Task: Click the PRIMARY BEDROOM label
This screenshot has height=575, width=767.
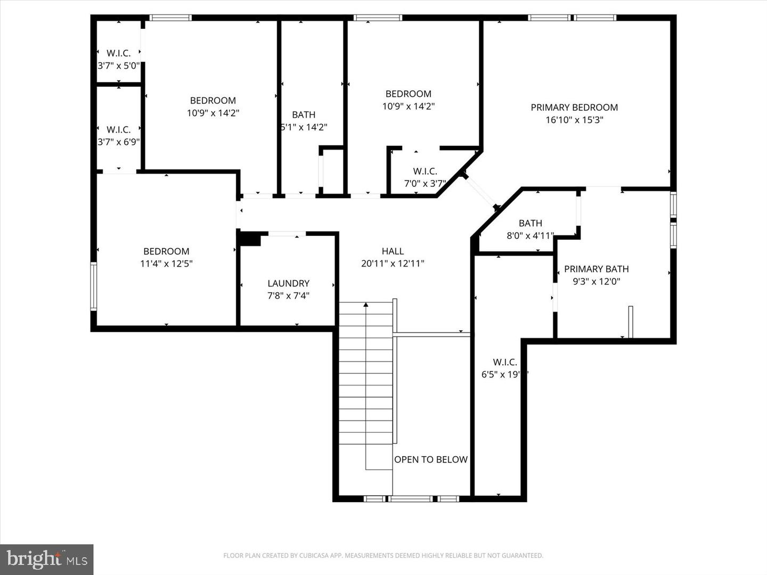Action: (x=574, y=108)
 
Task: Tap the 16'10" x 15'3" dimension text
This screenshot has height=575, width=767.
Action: (x=574, y=120)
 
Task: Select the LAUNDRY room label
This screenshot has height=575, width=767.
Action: (x=288, y=283)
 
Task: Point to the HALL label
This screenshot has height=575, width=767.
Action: (x=393, y=251)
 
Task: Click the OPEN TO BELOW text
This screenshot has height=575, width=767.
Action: (x=431, y=459)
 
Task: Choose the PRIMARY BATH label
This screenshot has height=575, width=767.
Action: (x=596, y=269)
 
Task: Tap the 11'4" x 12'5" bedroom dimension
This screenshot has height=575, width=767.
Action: (x=166, y=264)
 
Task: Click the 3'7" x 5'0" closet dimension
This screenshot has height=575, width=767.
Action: (x=118, y=66)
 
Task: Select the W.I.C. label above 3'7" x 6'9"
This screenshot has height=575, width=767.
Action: (x=118, y=129)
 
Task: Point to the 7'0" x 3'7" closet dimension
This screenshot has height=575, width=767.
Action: (x=425, y=184)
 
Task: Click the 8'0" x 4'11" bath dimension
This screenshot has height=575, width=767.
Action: (x=530, y=235)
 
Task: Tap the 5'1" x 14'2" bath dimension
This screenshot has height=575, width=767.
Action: (x=304, y=127)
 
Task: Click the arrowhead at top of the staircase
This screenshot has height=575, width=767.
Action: (x=366, y=305)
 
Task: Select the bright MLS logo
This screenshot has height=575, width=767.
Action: (x=47, y=559)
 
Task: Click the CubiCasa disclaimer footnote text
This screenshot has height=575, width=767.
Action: (x=383, y=556)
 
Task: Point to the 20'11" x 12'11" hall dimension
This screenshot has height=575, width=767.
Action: (x=393, y=264)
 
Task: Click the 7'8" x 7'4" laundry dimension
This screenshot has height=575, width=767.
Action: (x=288, y=295)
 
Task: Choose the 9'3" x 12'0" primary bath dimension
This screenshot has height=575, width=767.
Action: (x=596, y=282)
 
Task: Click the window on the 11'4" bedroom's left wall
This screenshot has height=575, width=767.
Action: (x=94, y=286)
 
